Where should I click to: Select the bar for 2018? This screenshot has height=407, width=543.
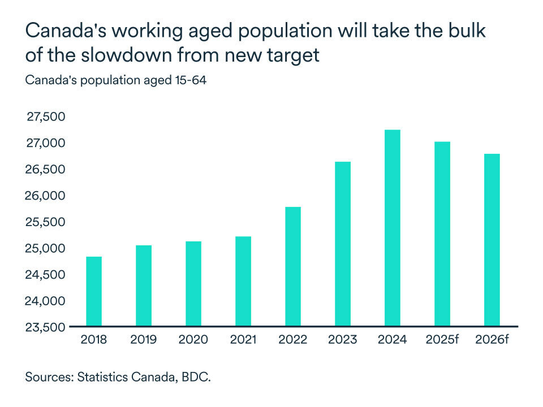click(94, 291)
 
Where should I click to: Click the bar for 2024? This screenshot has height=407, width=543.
click(392, 228)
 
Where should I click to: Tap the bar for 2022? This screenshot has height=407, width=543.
click(293, 266)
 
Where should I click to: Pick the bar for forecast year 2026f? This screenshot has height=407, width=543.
click(492, 240)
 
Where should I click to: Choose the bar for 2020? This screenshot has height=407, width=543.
click(193, 284)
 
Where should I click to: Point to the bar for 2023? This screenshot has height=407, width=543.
click(343, 244)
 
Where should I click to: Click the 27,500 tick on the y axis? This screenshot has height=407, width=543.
click(46, 116)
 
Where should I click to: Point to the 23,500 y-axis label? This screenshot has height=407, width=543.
click(46, 327)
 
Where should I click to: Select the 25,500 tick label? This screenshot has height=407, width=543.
click(46, 222)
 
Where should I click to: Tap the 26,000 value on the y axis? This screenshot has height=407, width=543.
click(46, 196)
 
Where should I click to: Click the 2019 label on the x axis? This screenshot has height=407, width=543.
click(144, 340)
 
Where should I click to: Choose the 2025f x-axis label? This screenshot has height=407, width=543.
click(442, 340)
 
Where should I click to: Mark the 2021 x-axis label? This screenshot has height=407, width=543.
click(243, 340)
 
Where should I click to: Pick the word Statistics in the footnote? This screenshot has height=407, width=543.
click(102, 377)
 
